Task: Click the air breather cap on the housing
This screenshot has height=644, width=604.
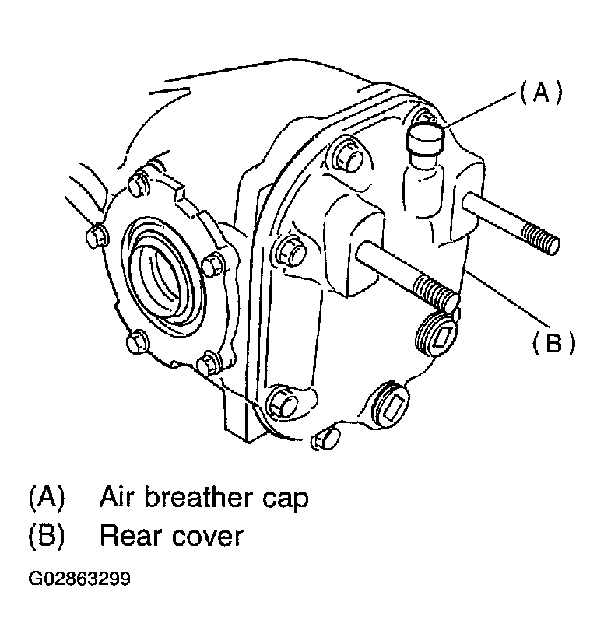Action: coord(426,140)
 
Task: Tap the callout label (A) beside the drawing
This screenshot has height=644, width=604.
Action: coord(540,93)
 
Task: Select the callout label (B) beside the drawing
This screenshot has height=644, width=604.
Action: coord(553,342)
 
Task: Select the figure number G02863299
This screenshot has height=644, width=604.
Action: coord(79,579)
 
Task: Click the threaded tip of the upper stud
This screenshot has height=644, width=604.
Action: coord(539,240)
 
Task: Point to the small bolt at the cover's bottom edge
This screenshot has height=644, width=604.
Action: coord(325,439)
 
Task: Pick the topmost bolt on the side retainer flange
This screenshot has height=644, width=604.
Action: coord(139,184)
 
